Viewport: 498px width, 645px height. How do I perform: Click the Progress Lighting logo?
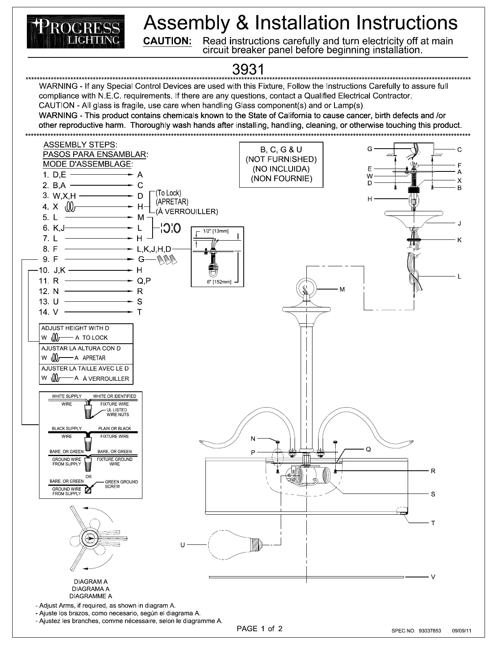coord(76,31)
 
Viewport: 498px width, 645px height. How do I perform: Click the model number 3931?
coord(248,70)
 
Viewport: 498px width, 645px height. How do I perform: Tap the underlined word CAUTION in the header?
coord(167,41)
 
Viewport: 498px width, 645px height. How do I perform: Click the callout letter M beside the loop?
coord(342,290)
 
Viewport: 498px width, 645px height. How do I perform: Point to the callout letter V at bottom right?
coord(433,577)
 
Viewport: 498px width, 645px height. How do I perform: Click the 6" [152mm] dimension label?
coord(219,282)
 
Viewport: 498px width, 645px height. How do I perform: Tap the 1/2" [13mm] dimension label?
coord(216,231)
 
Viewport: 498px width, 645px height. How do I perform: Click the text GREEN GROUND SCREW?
coord(121,484)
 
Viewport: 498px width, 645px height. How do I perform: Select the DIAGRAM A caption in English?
coord(91,581)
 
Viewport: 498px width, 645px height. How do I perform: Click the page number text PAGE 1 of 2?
coord(260,628)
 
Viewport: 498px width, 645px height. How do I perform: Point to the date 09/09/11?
coord(461,631)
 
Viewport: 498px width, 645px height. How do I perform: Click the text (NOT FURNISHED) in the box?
coord(281,159)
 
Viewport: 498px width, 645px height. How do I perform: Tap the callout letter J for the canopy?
coord(459,223)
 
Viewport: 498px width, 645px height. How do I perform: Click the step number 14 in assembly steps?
coord(44,312)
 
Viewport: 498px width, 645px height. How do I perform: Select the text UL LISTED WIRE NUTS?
coord(118,412)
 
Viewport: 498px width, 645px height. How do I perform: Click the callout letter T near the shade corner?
coord(433,523)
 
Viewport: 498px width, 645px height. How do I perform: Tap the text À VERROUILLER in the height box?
coord(106,378)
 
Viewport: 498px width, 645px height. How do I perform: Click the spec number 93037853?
coord(430,631)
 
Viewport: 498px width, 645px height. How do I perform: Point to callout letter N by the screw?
coord(253,439)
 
